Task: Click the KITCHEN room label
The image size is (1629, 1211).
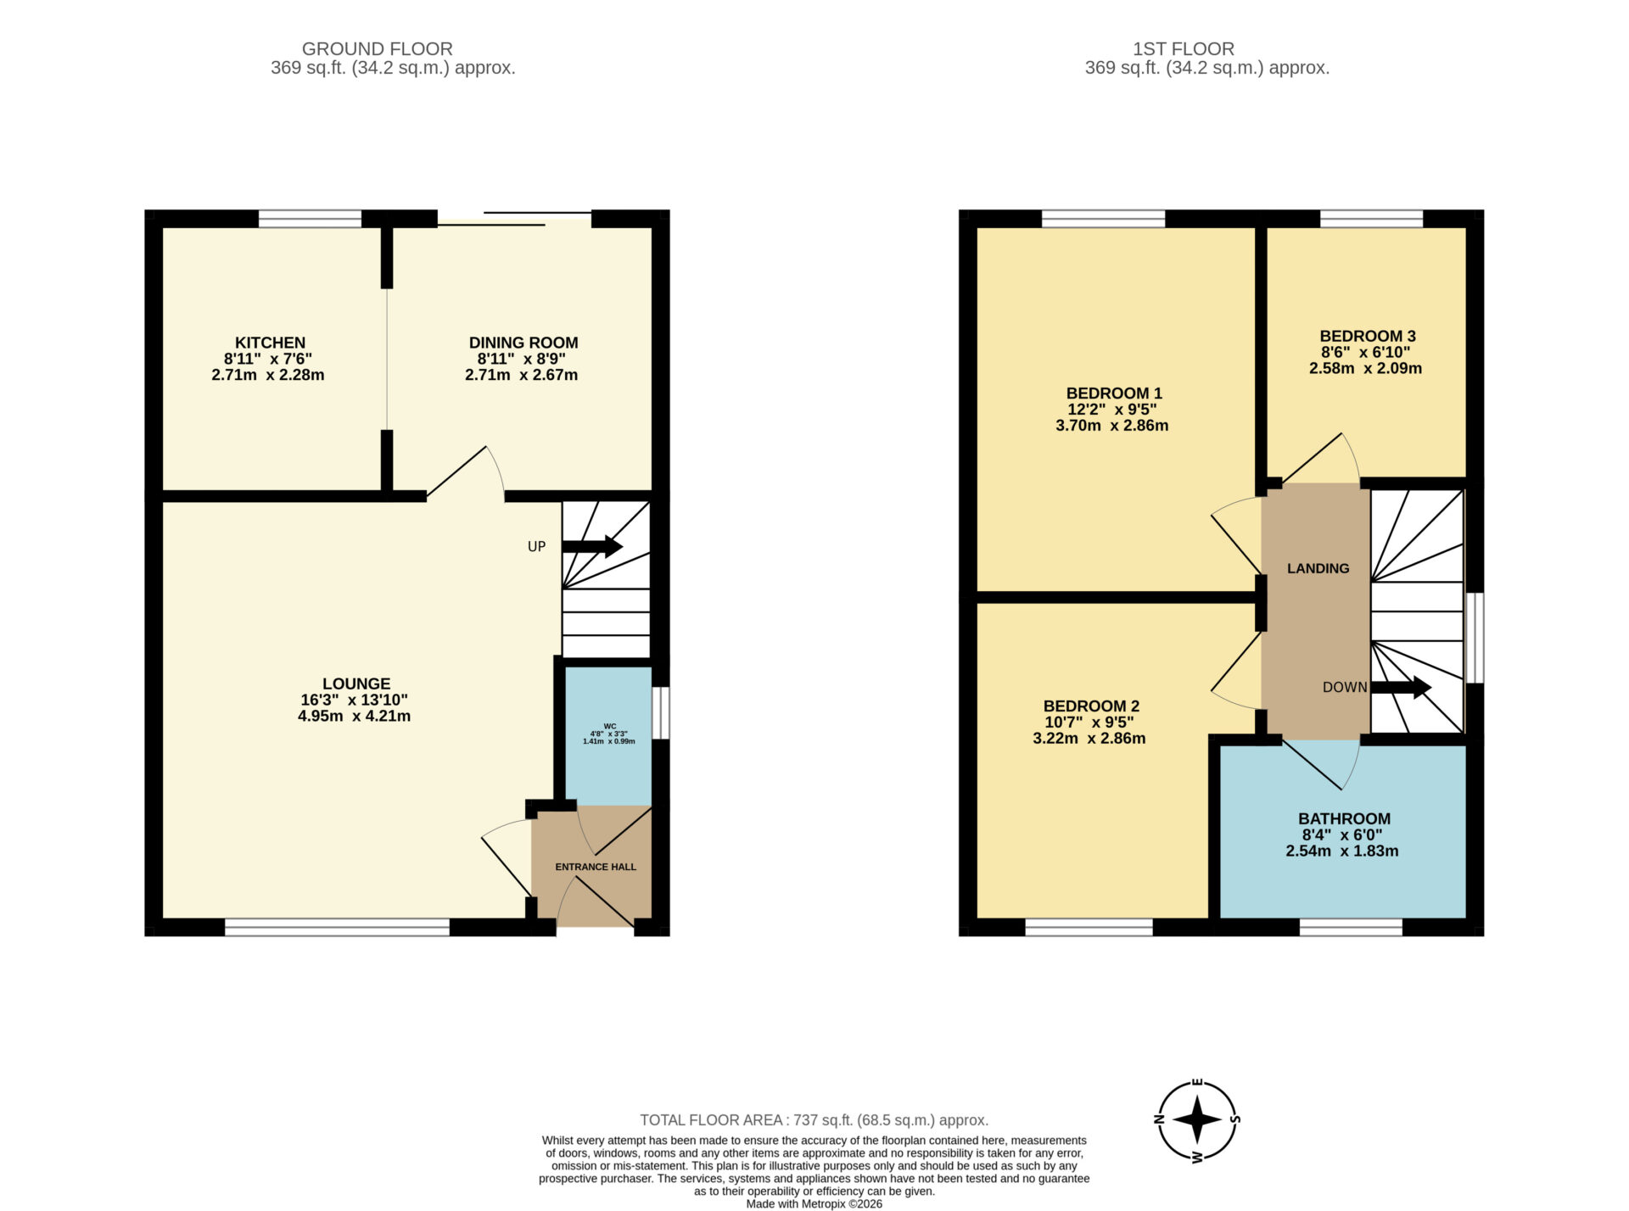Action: pos(270,343)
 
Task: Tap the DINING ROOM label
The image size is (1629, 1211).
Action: pos(523,343)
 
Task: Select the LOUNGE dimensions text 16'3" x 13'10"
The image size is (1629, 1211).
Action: pos(355,700)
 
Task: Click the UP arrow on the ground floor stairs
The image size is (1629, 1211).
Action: pos(592,546)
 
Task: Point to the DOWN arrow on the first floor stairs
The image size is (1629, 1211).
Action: pos(1402,687)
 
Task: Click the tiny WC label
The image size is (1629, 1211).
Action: pos(609,726)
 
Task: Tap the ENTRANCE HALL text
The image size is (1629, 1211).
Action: pos(596,867)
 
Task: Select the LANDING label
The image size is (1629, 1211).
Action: pos(1318,568)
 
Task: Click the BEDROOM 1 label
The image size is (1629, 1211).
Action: pos(1114,393)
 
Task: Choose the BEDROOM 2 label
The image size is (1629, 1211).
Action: pos(1091,706)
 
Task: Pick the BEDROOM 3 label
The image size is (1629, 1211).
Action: pos(1368,336)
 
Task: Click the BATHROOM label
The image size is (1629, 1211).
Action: pos(1344,819)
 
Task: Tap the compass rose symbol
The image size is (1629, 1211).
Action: pos(1197,1120)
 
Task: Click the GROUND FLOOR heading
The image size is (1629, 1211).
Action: pos(378,49)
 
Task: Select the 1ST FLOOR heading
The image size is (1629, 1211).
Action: pos(1184,49)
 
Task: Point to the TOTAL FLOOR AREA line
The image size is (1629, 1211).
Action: pos(814,1120)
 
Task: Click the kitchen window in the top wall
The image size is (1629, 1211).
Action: pos(310,219)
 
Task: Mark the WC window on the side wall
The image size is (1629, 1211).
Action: pos(661,713)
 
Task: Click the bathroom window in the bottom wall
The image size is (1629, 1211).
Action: pos(1351,927)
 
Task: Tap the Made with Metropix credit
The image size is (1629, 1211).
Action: pos(814,1204)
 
